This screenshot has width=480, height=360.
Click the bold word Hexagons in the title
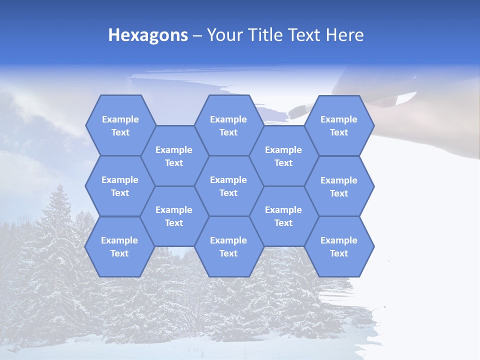tap(148, 35)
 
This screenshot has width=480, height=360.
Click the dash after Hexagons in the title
tap(197, 35)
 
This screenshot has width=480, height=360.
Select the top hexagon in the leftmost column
tap(120, 125)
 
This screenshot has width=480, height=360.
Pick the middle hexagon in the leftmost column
tap(120, 186)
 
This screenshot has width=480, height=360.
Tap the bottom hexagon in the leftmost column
tap(119, 246)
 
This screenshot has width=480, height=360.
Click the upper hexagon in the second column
tap(174, 156)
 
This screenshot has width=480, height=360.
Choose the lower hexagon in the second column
tap(174, 216)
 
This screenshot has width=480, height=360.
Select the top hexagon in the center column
tap(228, 125)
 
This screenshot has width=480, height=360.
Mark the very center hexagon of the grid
tap(228, 186)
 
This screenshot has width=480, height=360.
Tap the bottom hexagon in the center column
tap(228, 246)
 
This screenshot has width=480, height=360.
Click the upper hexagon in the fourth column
tap(283, 156)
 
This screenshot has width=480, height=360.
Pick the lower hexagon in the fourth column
tap(283, 216)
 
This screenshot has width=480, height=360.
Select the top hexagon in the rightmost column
tap(339, 125)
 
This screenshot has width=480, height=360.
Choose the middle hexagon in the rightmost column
tap(339, 186)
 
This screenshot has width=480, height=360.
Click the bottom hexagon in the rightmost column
tap(339, 246)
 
